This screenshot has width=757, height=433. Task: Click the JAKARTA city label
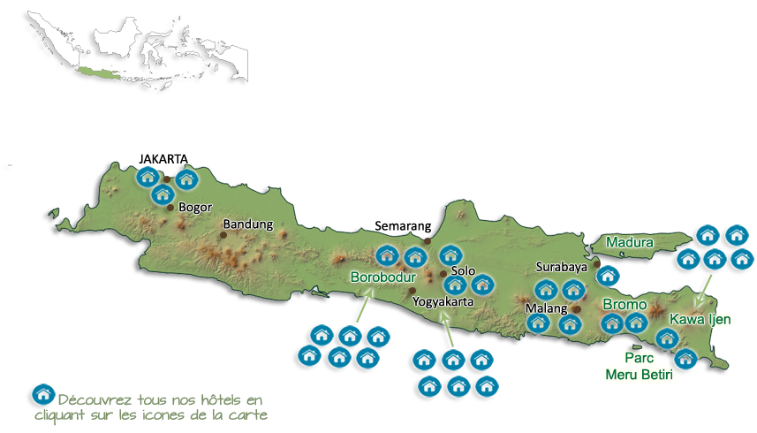[x=164, y=158]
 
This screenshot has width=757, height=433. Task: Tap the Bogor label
[x=195, y=209]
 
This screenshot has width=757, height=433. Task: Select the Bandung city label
[x=248, y=224]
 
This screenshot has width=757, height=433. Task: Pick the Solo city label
[x=463, y=270]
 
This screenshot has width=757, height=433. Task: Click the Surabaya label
[x=562, y=266]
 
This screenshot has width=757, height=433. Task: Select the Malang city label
[x=546, y=308]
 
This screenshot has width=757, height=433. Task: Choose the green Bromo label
[x=625, y=305]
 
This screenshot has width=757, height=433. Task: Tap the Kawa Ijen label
[x=701, y=319]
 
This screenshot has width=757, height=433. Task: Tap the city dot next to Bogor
[x=170, y=208]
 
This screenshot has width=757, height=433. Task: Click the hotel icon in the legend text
[x=41, y=395]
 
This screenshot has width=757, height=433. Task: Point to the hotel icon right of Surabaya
[x=607, y=275]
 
